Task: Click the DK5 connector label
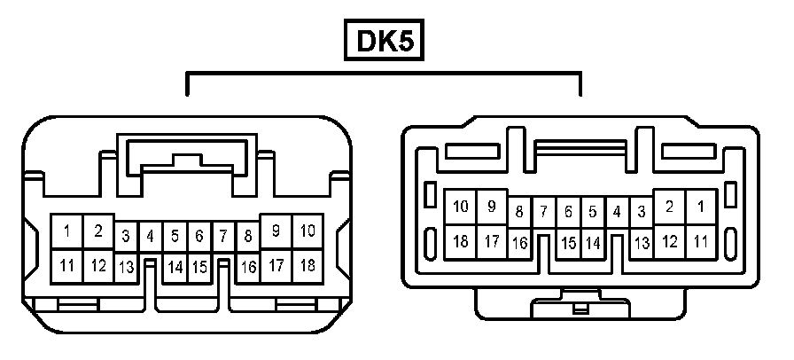(384, 41)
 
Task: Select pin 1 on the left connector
(67, 232)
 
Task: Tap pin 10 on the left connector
(307, 231)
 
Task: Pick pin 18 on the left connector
(307, 264)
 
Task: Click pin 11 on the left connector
(67, 264)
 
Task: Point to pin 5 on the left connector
(175, 237)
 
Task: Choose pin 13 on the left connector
(127, 266)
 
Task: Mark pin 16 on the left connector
(249, 266)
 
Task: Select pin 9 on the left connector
(276, 231)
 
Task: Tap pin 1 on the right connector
(700, 207)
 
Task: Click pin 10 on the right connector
(461, 207)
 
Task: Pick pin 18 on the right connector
(461, 240)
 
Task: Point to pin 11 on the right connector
(700, 240)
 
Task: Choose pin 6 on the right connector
(568, 213)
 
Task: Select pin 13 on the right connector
(642, 242)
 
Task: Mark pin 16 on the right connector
(519, 242)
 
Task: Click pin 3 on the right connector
(642, 213)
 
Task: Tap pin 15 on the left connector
(200, 266)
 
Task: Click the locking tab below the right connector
(580, 309)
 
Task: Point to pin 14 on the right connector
(593, 242)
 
